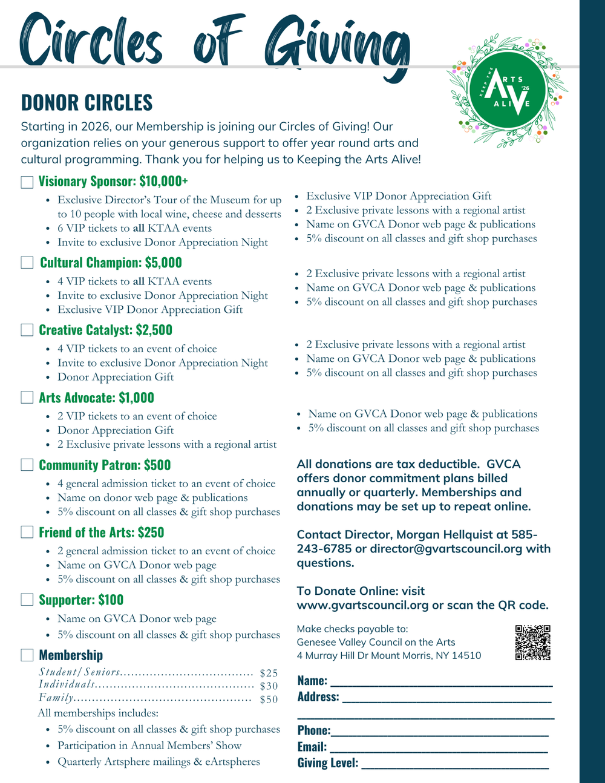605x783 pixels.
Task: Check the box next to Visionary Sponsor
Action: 27,182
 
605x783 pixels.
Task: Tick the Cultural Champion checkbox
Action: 27,263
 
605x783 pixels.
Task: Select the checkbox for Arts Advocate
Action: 27,398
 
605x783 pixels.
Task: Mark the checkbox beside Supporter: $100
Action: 27,600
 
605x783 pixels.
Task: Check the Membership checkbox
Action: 27,655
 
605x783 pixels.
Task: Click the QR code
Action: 532,643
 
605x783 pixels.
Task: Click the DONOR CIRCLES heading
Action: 87,103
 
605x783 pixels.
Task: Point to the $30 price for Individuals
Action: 269,686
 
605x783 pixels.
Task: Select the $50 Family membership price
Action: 269,699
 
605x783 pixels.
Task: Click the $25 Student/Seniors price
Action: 269,673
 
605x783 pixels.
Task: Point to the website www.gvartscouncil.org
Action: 362,605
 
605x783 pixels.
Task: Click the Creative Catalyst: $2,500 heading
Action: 105,330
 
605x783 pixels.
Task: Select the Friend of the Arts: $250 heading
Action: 101,532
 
